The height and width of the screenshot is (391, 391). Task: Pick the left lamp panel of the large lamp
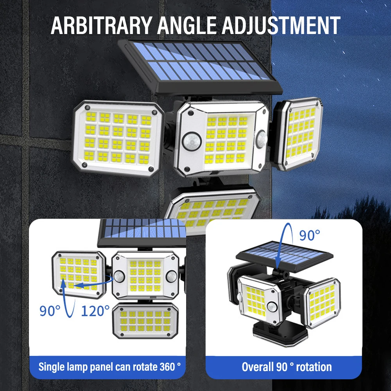pos(118,138)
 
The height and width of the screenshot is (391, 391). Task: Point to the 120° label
pos(95,311)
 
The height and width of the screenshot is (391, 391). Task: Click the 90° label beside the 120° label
pos(50,311)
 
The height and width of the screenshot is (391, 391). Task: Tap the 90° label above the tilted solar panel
pos(309,235)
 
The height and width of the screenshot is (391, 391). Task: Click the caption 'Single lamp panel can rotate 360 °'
pos(109,367)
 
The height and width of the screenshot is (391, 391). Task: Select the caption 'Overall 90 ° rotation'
pos(287,367)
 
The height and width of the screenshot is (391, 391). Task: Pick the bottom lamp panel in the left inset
pos(145,320)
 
